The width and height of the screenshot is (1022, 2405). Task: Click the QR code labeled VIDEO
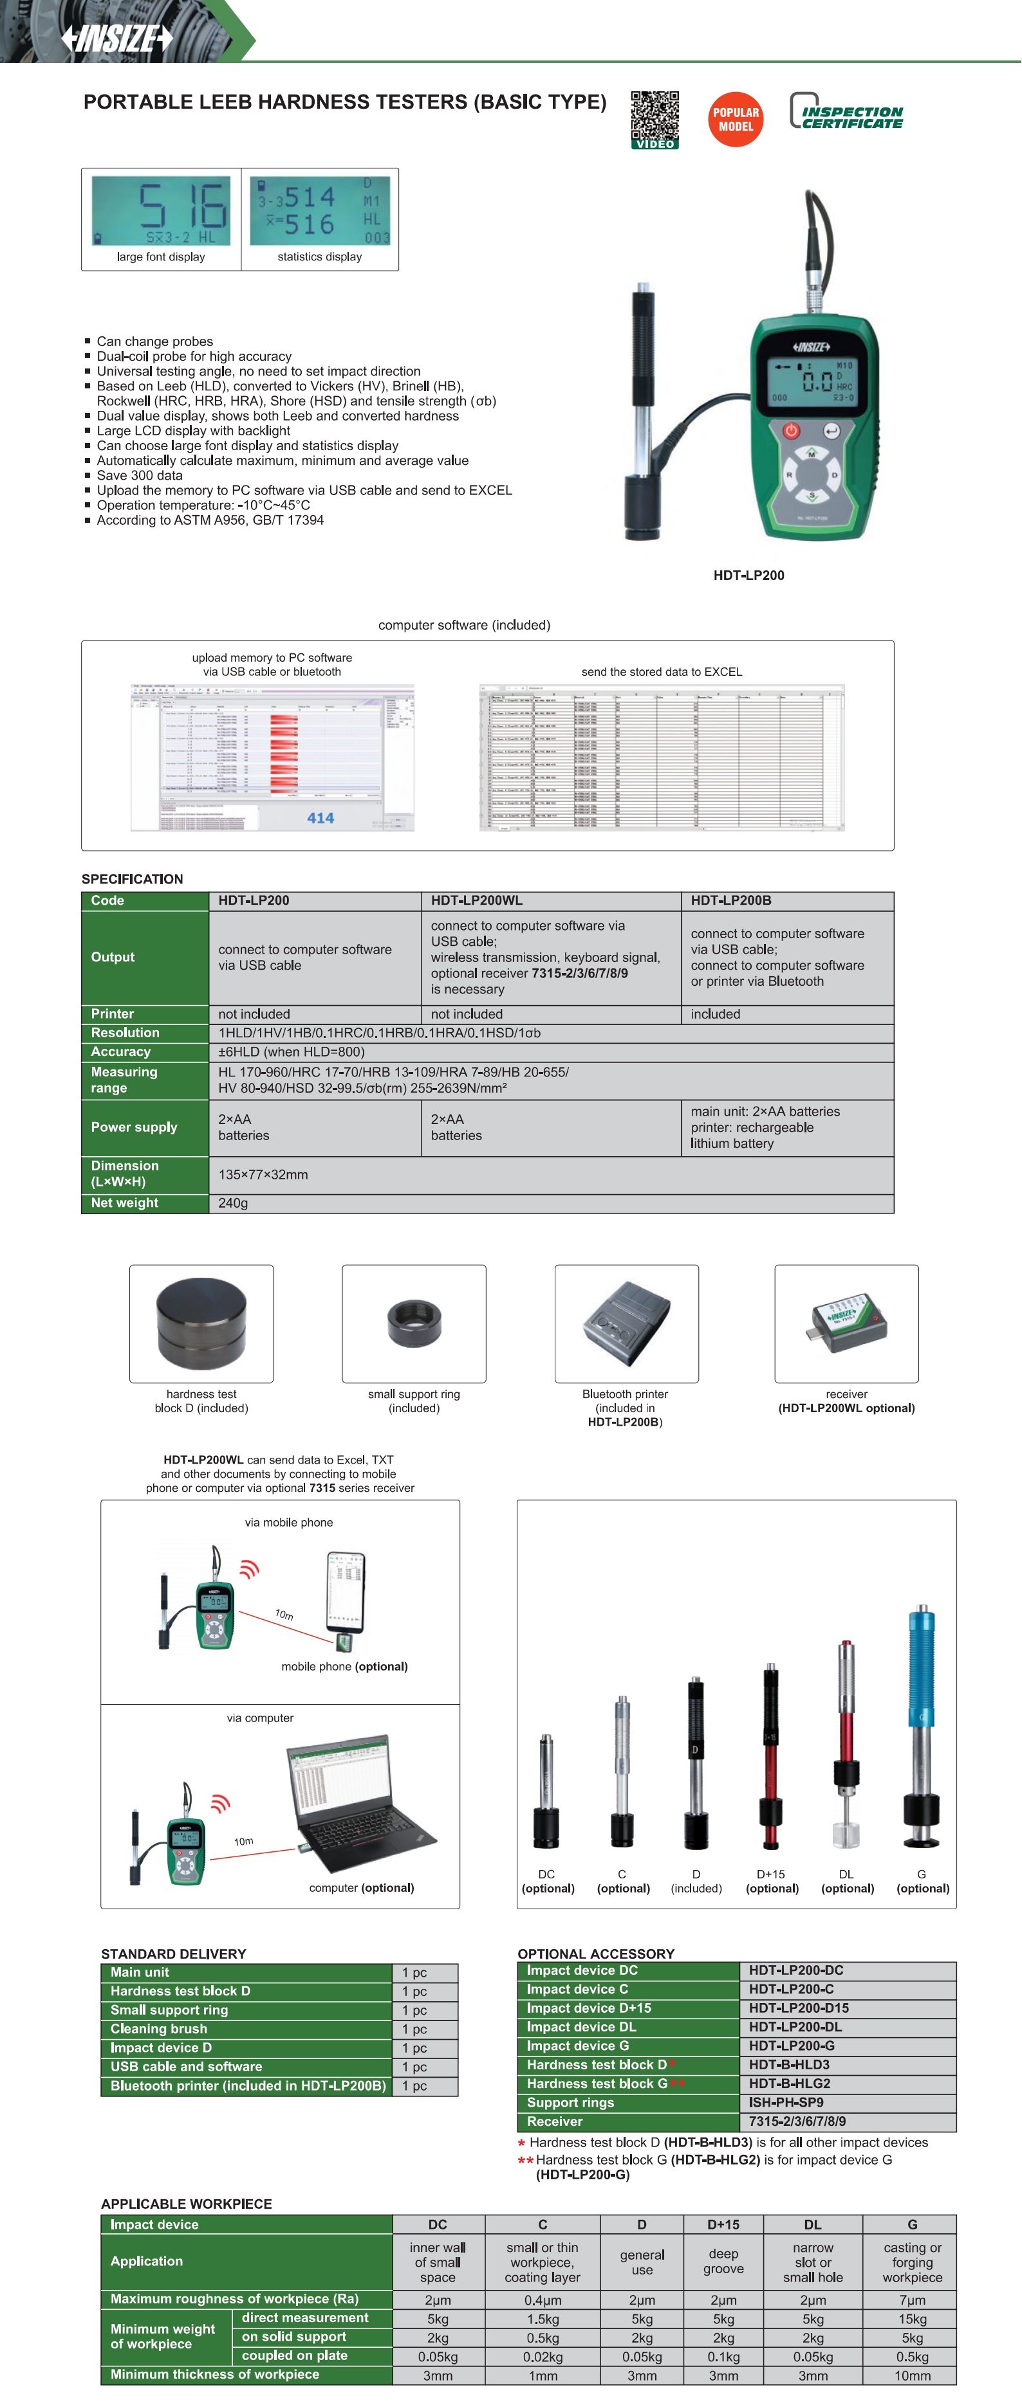click(x=655, y=118)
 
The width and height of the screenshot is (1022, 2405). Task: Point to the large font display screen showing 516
click(x=161, y=211)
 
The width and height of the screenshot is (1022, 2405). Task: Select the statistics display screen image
click(x=319, y=211)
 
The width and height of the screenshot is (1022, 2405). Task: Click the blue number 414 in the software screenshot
click(x=321, y=818)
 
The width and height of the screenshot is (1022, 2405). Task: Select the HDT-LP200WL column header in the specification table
click(x=476, y=901)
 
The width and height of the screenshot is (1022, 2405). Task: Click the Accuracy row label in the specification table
click(x=120, y=1052)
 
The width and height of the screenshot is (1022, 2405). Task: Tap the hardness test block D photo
click(x=201, y=1323)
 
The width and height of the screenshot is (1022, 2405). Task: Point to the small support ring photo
click(x=414, y=1323)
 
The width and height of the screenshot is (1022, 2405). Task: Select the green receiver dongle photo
click(x=846, y=1323)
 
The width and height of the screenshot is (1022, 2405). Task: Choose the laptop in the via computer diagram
click(x=362, y=1797)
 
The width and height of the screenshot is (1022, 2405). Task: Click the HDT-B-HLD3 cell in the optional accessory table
click(x=790, y=2064)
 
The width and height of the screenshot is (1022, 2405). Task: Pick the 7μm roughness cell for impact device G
click(x=912, y=2300)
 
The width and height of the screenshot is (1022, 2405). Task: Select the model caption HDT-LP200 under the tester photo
click(x=748, y=575)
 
